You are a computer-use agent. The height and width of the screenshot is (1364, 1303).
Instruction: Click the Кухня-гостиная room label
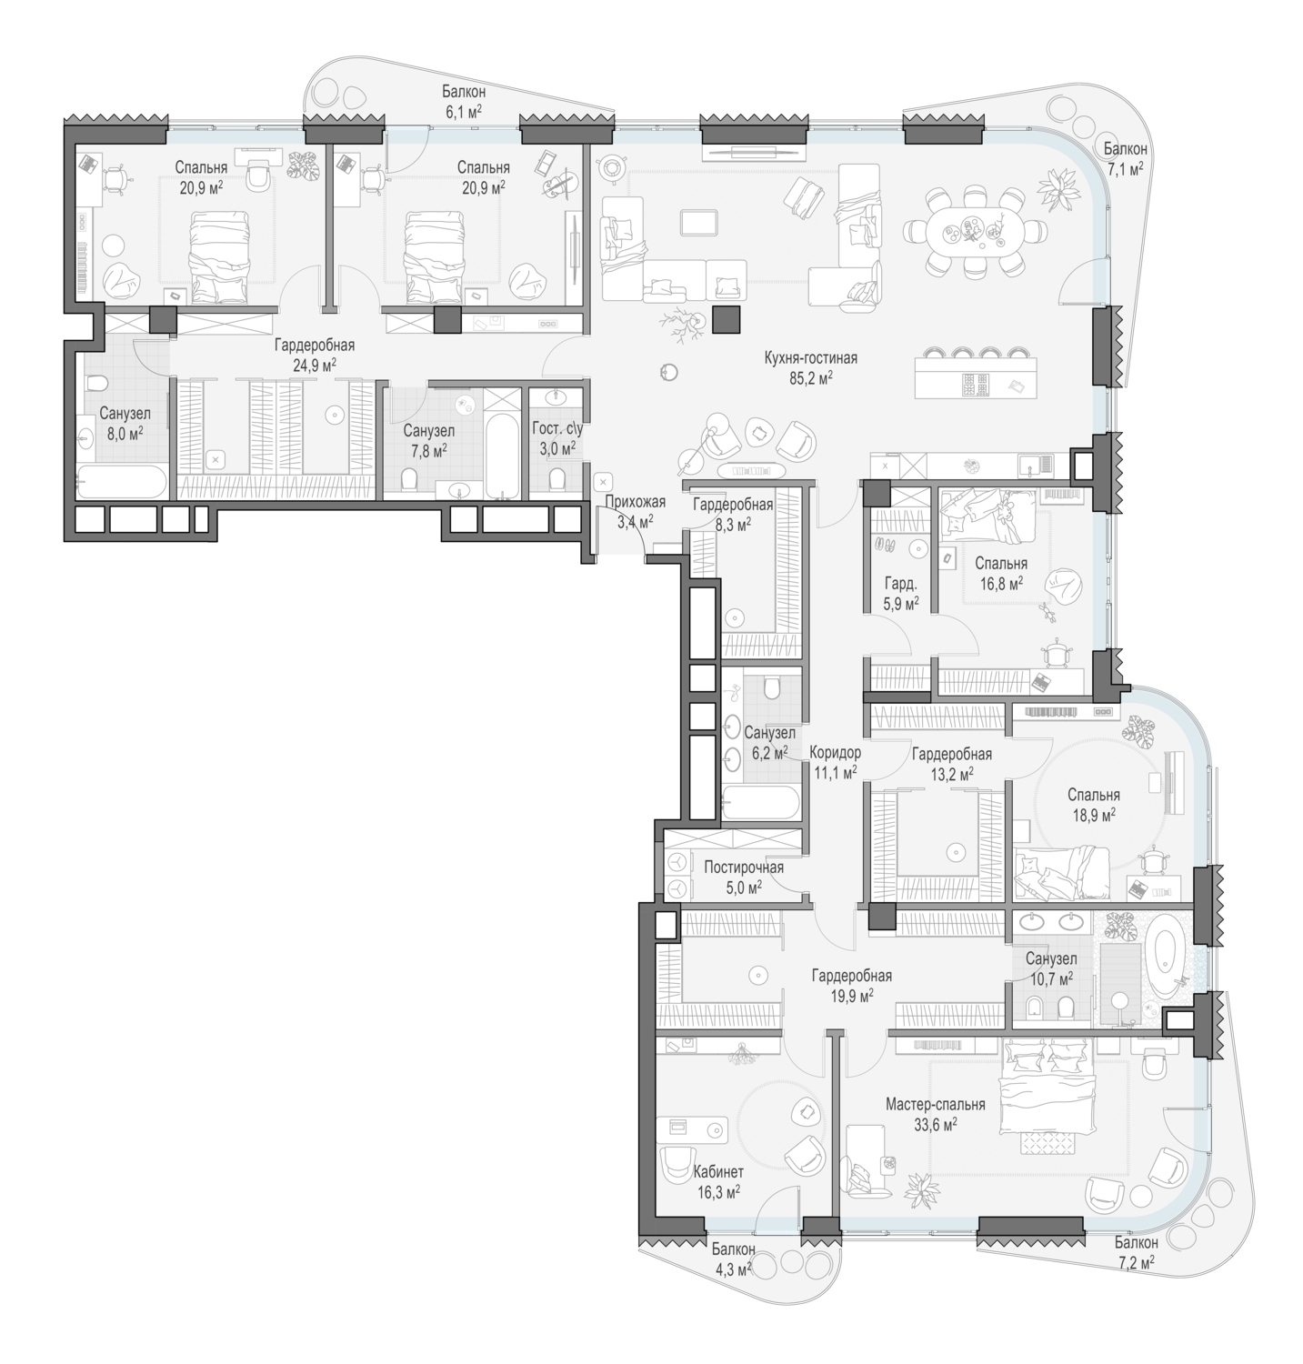[810, 358]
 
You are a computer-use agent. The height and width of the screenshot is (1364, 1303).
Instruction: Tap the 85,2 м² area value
[811, 377]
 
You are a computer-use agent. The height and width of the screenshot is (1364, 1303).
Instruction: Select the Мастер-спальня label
[936, 1105]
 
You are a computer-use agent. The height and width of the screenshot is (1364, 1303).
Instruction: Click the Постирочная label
[744, 868]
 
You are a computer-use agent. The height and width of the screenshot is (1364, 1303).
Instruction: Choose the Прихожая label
[636, 502]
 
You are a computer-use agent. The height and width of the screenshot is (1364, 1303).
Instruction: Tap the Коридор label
[837, 753]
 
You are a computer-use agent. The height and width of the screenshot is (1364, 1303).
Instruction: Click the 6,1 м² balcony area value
[463, 110]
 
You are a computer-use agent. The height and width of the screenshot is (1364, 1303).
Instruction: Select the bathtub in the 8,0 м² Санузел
[122, 481]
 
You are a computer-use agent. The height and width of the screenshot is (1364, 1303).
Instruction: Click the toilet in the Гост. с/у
[559, 478]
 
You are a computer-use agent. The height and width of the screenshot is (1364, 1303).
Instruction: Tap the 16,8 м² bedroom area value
[1000, 583]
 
